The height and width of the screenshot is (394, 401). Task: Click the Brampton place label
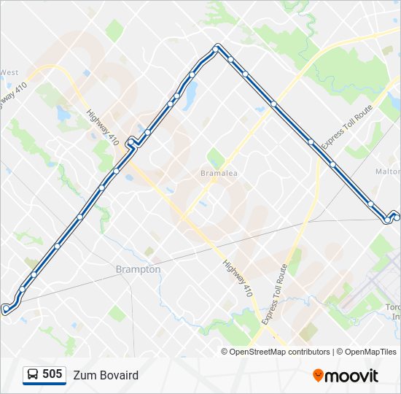[138, 269]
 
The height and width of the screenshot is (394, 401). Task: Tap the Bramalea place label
[219, 174]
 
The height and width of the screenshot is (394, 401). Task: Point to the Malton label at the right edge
[388, 171]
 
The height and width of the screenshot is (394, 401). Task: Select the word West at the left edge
[9, 72]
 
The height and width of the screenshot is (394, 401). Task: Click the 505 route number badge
[52, 374]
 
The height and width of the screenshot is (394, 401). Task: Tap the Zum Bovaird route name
[105, 375]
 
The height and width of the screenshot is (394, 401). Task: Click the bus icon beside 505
[33, 375]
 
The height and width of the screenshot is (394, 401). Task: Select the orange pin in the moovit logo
[318, 375]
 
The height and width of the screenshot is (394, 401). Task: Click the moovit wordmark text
[351, 376]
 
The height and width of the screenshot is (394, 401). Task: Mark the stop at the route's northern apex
[217, 49]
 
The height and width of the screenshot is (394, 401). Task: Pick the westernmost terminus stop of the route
[6, 309]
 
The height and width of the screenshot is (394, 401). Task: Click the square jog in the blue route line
[132, 142]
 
